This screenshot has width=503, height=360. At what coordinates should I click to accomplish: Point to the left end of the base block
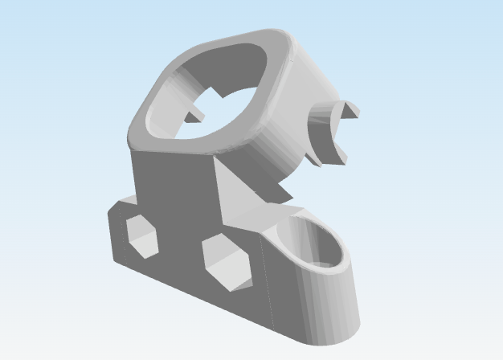coord(113,233)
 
